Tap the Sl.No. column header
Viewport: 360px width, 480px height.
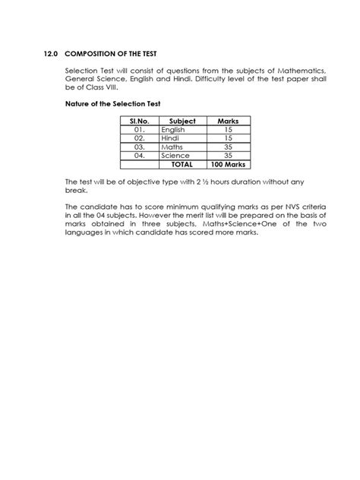click(139, 121)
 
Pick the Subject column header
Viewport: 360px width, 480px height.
click(182, 121)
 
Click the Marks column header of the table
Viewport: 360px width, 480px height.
click(228, 121)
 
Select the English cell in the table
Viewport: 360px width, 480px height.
click(173, 129)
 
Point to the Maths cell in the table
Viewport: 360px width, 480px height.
click(172, 147)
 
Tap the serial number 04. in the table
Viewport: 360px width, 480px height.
click(138, 155)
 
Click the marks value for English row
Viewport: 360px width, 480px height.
click(228, 129)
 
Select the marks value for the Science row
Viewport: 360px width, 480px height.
click(228, 155)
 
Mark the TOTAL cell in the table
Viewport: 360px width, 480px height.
click(182, 163)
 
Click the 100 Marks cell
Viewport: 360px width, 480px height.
click(228, 163)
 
